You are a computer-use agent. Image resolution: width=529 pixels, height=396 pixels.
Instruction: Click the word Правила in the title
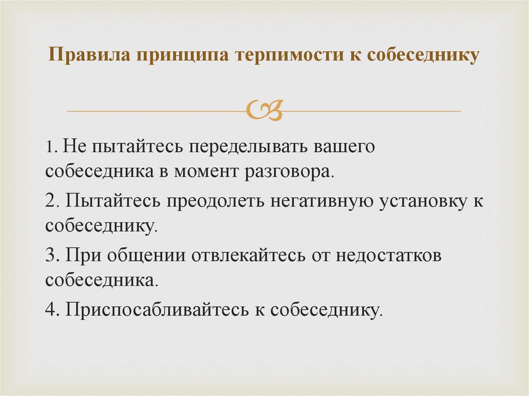[88, 54]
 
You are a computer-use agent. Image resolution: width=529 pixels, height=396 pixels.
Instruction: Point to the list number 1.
[49, 147]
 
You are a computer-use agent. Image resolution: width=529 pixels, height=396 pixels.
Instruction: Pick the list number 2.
[50, 201]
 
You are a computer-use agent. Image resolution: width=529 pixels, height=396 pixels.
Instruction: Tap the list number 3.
[50, 255]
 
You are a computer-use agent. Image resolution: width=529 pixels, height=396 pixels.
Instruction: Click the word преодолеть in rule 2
[216, 201]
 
